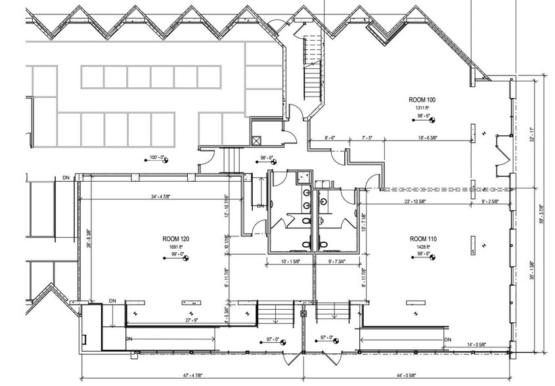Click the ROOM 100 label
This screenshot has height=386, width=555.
[422, 100]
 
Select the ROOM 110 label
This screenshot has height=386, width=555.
[423, 238]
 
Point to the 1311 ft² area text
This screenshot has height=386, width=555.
[422, 107]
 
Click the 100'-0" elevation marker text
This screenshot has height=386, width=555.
[158, 158]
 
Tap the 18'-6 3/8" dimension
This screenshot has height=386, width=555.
[430, 139]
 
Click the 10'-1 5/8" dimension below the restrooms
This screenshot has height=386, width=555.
[290, 261]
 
